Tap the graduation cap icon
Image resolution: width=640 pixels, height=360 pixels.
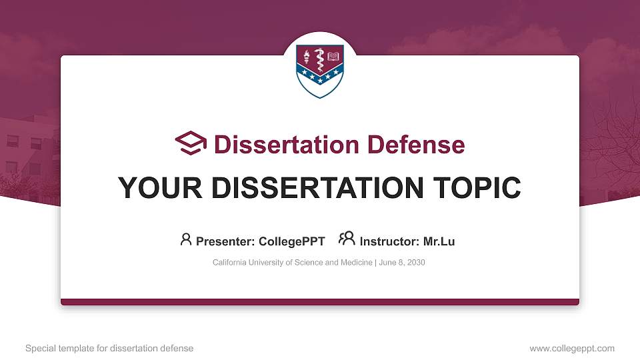(x=191, y=143)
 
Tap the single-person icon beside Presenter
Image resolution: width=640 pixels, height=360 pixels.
(x=186, y=239)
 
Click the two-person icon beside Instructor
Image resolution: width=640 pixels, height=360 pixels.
(x=347, y=239)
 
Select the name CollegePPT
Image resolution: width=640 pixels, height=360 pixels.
(x=291, y=241)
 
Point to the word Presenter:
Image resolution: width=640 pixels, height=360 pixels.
(x=225, y=241)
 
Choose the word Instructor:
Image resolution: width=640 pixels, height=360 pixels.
(x=389, y=241)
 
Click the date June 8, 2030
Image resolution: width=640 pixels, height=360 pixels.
(x=403, y=263)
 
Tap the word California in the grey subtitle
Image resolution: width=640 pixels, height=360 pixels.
(x=231, y=263)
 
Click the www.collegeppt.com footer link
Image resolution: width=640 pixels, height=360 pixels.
(x=571, y=348)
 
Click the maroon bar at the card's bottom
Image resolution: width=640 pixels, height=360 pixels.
(x=320, y=302)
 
